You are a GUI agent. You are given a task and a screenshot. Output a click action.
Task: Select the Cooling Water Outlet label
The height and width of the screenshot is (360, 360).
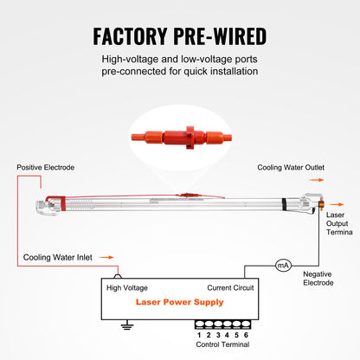(291, 167)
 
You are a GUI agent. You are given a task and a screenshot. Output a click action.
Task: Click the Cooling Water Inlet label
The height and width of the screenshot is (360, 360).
(56, 257)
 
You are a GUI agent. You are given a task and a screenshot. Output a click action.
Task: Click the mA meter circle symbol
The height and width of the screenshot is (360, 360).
(282, 266)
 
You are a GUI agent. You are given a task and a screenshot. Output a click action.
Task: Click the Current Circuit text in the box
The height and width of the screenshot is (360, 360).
(230, 287)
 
